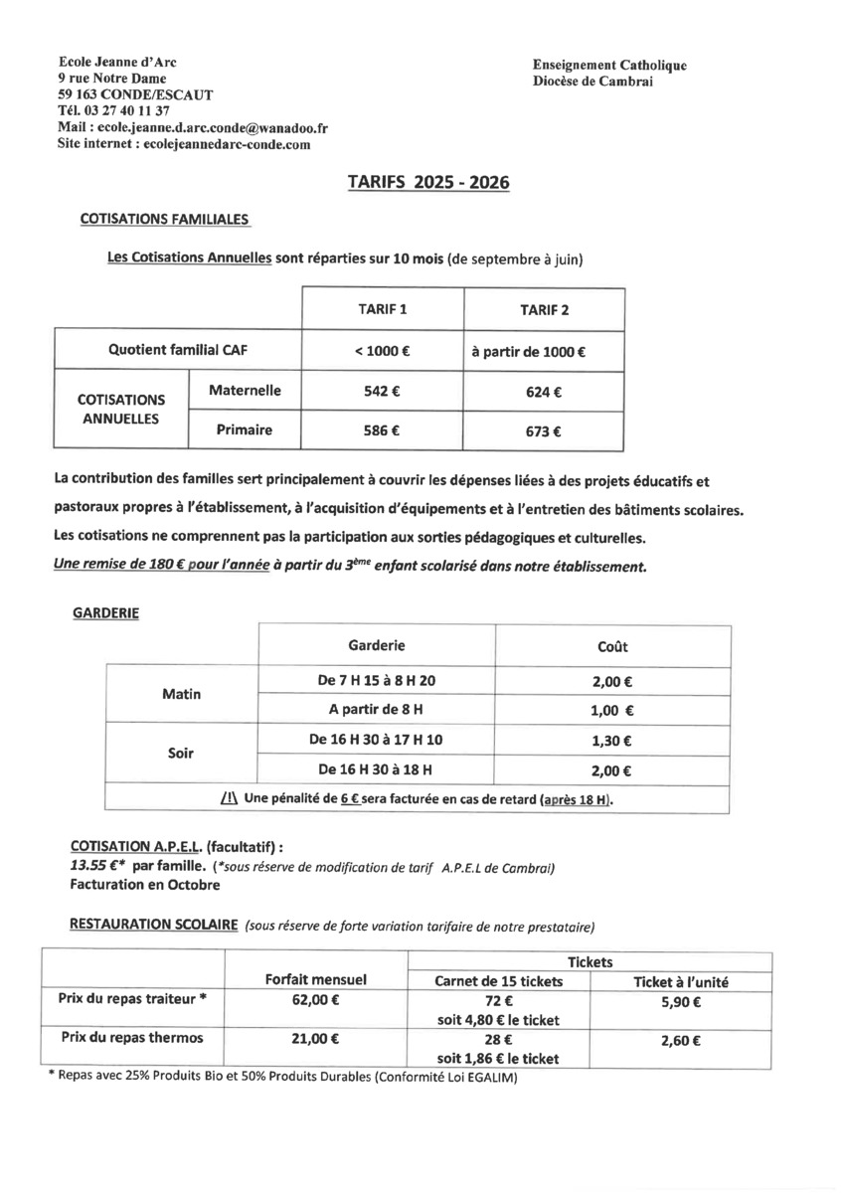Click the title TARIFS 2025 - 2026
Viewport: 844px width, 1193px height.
(428, 183)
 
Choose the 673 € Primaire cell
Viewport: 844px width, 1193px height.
(544, 431)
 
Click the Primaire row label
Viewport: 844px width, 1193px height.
(245, 430)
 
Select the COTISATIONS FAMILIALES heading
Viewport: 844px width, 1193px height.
(164, 219)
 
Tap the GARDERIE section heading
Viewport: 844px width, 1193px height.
(106, 613)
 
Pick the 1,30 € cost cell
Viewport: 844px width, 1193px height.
(612, 741)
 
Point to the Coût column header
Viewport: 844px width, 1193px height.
(612, 646)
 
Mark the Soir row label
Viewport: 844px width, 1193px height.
(181, 754)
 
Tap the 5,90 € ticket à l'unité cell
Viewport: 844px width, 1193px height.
(681, 1003)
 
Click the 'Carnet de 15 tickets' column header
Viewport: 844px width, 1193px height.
(499, 981)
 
